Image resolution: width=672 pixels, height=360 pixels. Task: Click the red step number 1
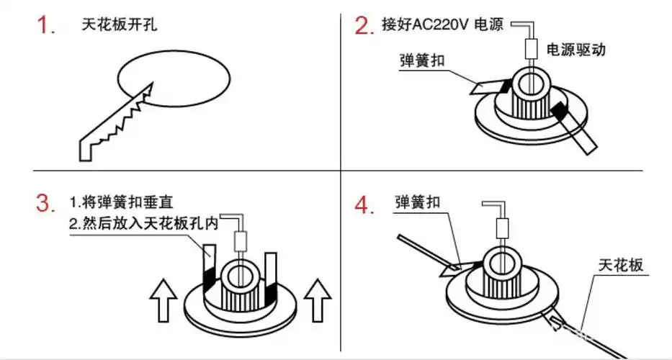click(x=46, y=27)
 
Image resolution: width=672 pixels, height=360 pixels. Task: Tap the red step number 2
click(x=364, y=26)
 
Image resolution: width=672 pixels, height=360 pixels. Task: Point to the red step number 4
click(x=364, y=205)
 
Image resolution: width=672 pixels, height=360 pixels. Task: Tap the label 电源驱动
click(x=576, y=50)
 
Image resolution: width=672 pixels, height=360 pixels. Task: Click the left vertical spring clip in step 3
click(x=208, y=274)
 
